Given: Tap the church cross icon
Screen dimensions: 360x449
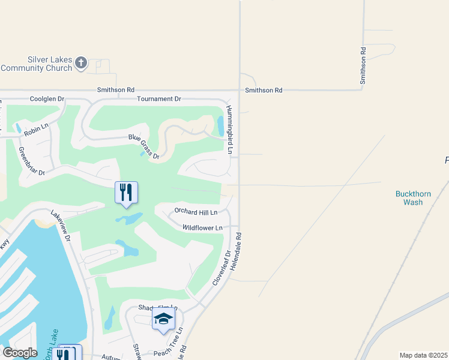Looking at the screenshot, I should [82, 62].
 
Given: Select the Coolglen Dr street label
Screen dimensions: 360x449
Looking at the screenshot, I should [46, 98].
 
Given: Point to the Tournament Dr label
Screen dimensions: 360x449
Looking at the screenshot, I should [158, 98].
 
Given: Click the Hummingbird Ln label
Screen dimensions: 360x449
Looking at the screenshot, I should [229, 129].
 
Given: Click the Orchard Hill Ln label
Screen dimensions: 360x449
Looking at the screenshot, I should [195, 211].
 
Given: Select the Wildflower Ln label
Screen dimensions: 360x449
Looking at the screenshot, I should [202, 228].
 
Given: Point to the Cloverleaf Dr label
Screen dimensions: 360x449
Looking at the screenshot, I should [220, 267].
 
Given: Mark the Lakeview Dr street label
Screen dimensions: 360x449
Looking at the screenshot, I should [61, 226].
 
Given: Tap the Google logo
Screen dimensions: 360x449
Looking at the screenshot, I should [20, 353].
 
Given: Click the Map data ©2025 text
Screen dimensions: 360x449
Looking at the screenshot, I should [424, 355].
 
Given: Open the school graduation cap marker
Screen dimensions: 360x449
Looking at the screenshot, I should [163, 320].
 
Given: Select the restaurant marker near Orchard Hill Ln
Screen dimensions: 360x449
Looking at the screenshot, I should [126, 193].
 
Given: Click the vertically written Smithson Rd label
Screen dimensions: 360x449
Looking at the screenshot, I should [363, 66].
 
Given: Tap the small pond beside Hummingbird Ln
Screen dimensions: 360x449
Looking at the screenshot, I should [220, 126].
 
